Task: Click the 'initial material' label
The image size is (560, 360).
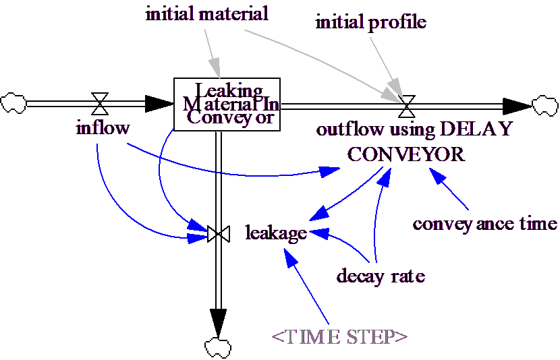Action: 206,13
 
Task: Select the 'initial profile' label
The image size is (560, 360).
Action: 371,22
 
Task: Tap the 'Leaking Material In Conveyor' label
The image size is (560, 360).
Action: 231,104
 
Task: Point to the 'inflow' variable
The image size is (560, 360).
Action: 102,128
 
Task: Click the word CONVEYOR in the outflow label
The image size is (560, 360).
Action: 406,154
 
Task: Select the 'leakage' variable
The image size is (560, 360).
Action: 277,233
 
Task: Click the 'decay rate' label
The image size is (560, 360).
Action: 381,276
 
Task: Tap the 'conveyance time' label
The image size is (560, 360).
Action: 485,224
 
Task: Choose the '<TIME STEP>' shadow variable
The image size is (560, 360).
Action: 339,336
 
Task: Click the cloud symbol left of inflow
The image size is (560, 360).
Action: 13,102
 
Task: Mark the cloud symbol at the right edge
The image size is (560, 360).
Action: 544,105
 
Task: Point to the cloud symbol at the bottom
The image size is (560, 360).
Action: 217,348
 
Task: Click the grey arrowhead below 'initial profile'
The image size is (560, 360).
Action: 394,90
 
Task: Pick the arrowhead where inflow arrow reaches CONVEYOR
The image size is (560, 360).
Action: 330,172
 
